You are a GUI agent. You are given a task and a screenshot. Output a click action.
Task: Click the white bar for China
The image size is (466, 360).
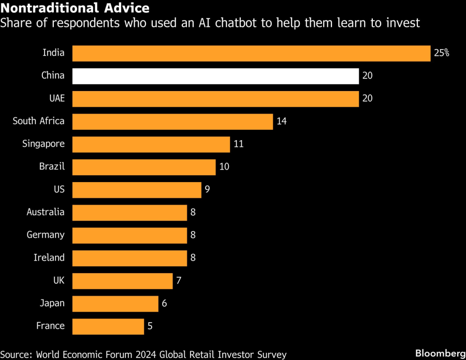[x=215, y=76]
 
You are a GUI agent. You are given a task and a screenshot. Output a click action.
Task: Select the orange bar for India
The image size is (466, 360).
[x=252, y=53]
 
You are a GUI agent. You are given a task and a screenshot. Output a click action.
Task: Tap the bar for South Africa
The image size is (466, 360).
[x=172, y=122]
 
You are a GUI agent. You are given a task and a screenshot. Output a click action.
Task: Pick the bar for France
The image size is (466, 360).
[x=108, y=326]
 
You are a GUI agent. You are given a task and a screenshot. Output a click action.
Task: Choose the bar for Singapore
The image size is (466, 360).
[x=151, y=144]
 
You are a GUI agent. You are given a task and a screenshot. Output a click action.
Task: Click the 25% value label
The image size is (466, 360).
[x=442, y=53]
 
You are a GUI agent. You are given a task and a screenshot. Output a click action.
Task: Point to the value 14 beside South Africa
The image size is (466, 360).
[x=282, y=121]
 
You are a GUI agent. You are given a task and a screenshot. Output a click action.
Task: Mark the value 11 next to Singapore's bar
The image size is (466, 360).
[x=239, y=144]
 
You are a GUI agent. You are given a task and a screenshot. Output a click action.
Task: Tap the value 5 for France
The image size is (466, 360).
[x=150, y=326]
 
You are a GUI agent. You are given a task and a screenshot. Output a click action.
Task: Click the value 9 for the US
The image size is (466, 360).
[x=207, y=189]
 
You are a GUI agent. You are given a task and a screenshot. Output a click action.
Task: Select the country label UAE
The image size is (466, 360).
[x=57, y=98]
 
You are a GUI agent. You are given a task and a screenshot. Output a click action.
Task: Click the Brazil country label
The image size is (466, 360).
[x=52, y=166]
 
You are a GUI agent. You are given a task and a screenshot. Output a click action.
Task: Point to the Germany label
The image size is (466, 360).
[x=46, y=235]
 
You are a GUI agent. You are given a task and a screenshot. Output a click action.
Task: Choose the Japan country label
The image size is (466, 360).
[x=52, y=303]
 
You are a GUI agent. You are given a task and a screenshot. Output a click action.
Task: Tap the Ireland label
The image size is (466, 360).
[x=49, y=257]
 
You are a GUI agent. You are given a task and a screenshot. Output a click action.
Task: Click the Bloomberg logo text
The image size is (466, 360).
[x=441, y=353]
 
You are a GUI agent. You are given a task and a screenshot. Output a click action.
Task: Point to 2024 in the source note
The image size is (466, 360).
[x=146, y=354]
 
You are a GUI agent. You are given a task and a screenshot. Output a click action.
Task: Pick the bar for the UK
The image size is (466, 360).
[x=122, y=281]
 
